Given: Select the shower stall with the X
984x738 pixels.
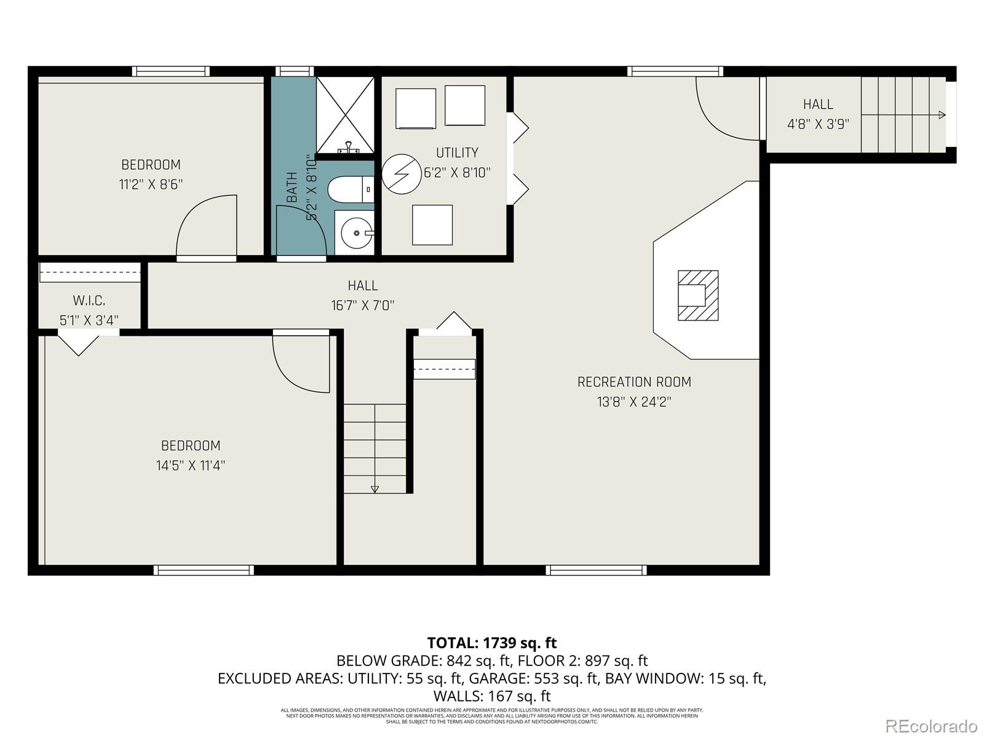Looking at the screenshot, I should (345, 115).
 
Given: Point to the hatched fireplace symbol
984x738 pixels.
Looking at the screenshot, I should (698, 295).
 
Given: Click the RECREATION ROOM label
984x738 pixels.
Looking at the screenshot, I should (634, 382).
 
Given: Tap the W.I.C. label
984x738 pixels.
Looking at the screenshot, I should (89, 301).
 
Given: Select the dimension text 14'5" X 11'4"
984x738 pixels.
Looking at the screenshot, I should (191, 466).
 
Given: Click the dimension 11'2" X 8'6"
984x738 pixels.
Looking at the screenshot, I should (151, 184).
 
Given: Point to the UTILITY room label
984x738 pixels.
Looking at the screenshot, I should (457, 153).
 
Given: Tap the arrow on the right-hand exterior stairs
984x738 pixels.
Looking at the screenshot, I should (941, 115).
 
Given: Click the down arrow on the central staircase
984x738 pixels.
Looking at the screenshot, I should (375, 489).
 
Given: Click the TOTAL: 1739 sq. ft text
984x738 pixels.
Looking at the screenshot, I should (491, 643).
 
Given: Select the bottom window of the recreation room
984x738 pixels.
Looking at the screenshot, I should (596, 570).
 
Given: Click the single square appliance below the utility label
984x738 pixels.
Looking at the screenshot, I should (432, 224).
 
